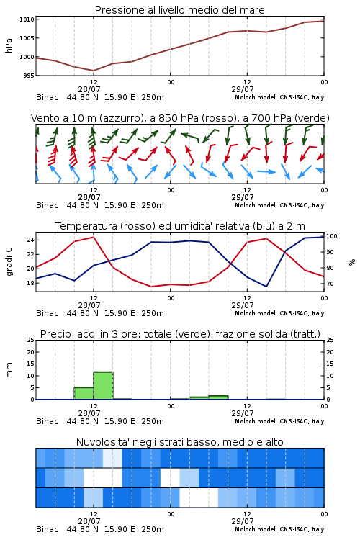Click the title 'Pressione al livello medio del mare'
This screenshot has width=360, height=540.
[x=179, y=10]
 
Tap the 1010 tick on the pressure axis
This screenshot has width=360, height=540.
[x=27, y=19]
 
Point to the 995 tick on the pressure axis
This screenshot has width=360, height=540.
[x=29, y=76]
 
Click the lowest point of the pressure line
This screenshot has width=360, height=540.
[x=94, y=71]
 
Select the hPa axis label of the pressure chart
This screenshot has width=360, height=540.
[x=9, y=46]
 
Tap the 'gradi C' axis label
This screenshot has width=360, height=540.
[x=9, y=261]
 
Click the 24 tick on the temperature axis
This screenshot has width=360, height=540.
[x=30, y=240]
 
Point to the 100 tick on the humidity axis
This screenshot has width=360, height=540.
[x=331, y=236]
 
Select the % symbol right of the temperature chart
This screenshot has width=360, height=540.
[x=352, y=262]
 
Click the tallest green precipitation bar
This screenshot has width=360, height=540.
[x=104, y=385]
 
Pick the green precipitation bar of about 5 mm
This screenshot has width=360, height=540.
[x=84, y=393]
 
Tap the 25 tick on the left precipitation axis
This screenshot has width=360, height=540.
[x=30, y=341]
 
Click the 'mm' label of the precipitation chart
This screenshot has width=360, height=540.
[x=9, y=370]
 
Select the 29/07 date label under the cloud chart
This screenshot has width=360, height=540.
[x=243, y=521]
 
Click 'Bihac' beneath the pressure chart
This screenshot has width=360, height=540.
[x=48, y=97]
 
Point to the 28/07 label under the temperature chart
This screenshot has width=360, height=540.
[x=89, y=305]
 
